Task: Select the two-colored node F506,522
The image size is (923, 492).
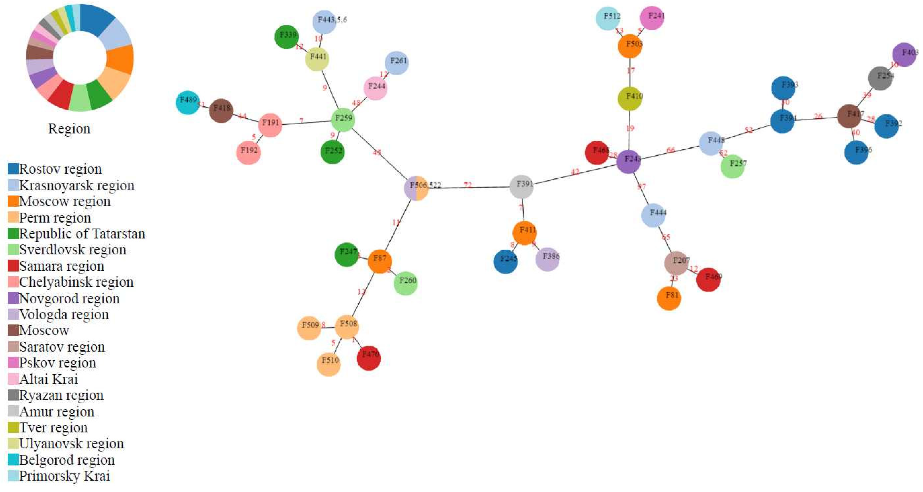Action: (416, 188)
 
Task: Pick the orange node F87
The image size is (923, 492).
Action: (379, 261)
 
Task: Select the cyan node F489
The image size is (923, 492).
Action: (187, 102)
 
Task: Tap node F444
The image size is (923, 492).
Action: (653, 215)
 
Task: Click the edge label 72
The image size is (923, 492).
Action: (468, 185)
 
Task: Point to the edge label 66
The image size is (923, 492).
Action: (670, 150)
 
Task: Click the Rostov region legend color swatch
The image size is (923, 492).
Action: (13, 169)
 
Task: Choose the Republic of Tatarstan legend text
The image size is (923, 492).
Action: (82, 234)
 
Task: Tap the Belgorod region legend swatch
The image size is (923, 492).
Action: (13, 459)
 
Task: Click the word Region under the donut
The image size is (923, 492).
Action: (69, 129)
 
